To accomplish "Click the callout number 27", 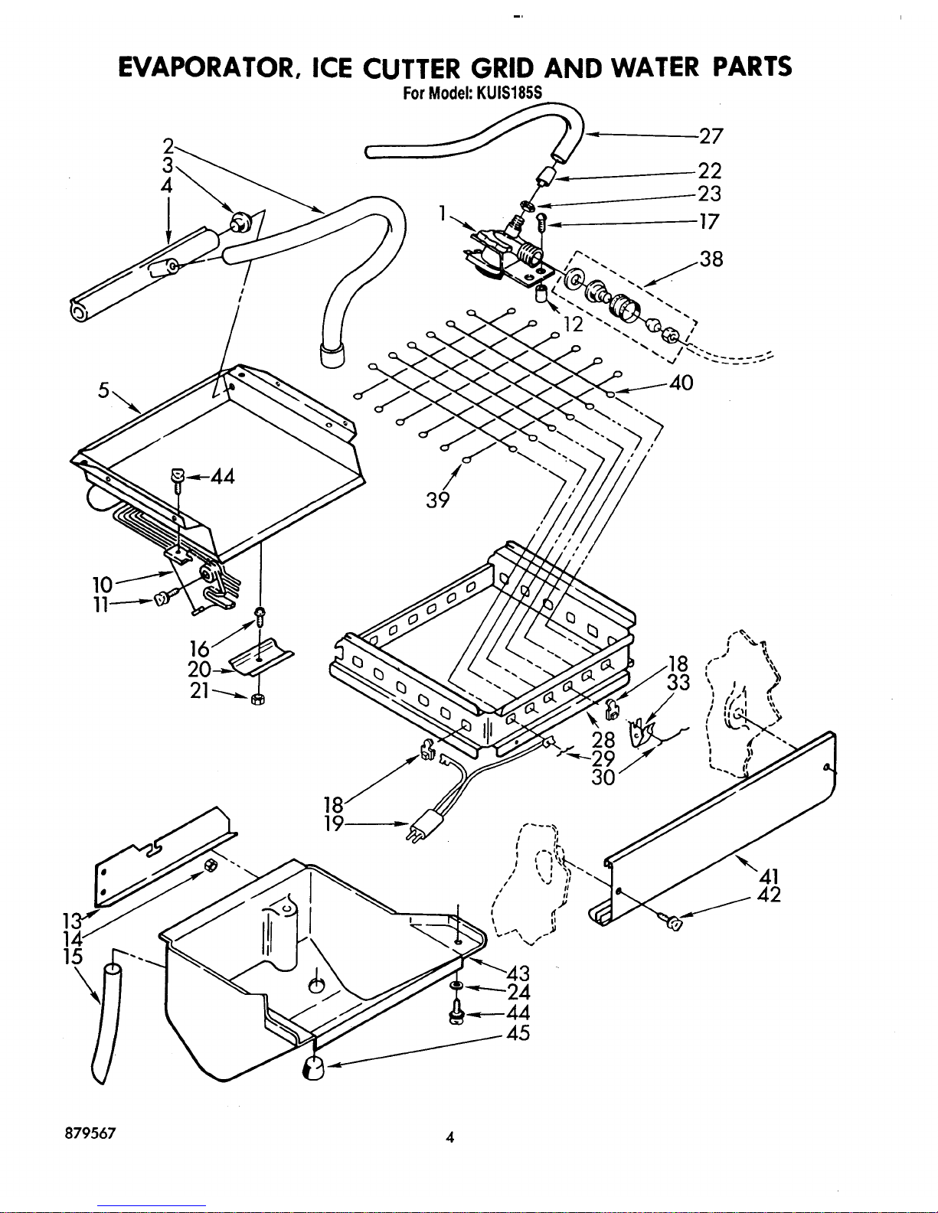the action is pos(711,136).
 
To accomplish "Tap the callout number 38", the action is pos(711,259).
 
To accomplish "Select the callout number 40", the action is pos(681,383).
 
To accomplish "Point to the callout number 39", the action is pos(438,500).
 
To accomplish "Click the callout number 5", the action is pos(104,390).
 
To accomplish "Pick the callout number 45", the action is pos(518,1032).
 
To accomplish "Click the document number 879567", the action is pos(90,1133).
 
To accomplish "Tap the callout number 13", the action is pos(73,919).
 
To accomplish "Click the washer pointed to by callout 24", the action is pos(456,986).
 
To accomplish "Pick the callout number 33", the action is pos(678,682).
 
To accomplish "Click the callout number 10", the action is pos(103,585).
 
